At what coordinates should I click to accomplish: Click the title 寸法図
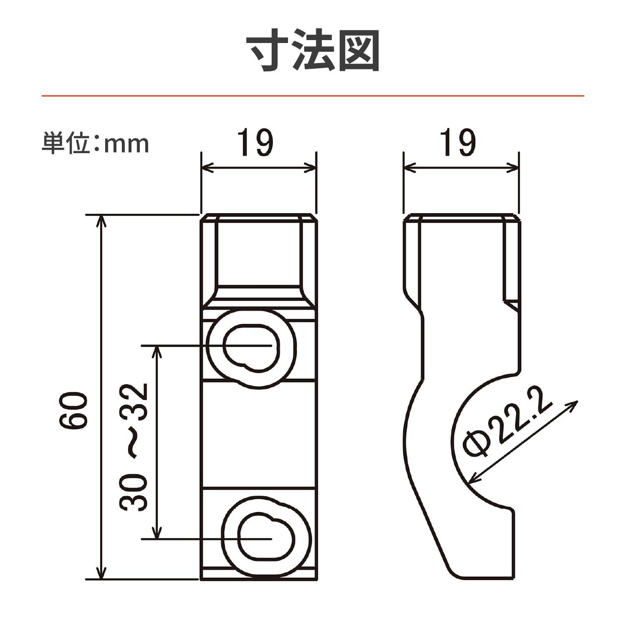click(x=313, y=50)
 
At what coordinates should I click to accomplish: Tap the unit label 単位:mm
click(x=95, y=143)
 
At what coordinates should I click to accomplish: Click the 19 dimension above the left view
click(x=255, y=143)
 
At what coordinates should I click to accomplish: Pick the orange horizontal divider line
click(x=313, y=96)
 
